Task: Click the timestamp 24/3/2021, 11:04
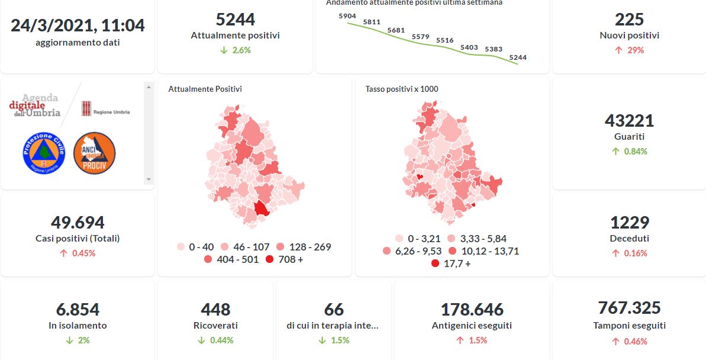pos(78,25)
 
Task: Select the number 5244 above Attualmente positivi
pos(235,20)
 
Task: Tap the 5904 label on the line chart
pos(347,16)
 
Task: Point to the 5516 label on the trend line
pos(444,40)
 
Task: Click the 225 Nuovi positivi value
pos(629,20)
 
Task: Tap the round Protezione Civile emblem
pos(42,153)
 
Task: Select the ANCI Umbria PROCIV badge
pos(94,153)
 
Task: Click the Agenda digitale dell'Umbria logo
pos(37,105)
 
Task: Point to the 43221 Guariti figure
pos(629,121)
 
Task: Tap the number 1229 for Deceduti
pos(629,223)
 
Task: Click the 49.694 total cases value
pos(78,223)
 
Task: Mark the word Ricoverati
pos(215,325)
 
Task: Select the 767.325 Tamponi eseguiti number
pos(629,308)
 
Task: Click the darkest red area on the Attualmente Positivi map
pos(261,209)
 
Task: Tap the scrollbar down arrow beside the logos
pos(149,179)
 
